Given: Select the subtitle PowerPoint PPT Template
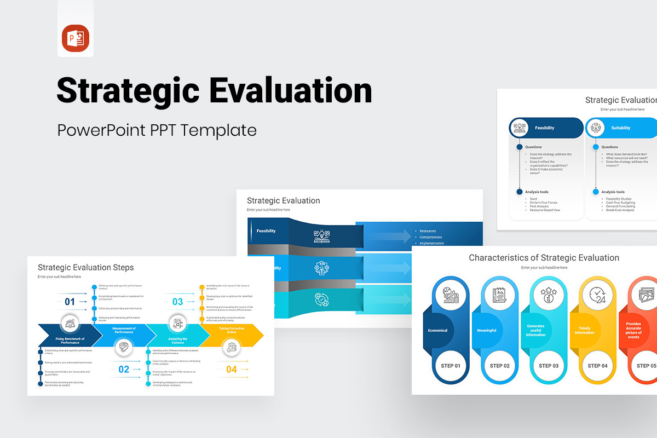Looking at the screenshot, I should pos(157,130).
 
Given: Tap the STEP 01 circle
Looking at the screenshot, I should pos(451,366).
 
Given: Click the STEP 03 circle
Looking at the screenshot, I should pos(548,366).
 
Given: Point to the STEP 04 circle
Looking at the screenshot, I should pos(597,366).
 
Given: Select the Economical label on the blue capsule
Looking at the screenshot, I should pos(437,330).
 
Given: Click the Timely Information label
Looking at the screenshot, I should pos(584,330).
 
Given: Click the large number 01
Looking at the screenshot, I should pos(70,302).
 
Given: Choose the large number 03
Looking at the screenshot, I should pos(177,302).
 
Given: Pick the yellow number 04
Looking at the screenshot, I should pos(232,370).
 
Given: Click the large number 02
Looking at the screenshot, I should pos(124,370).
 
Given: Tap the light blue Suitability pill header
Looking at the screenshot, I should pos(621,128).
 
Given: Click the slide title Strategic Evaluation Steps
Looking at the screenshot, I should pos(85,268).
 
